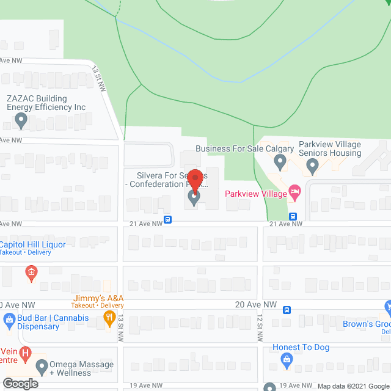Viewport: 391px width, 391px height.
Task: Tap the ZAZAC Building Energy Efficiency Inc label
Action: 46,103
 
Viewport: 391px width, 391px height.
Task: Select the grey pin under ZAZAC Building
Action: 21,122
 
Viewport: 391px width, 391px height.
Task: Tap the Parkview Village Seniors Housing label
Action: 330,148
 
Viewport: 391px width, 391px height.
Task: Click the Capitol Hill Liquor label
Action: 33,244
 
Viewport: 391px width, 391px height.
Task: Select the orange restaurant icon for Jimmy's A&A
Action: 110,316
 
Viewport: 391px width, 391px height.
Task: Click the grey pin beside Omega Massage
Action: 42,367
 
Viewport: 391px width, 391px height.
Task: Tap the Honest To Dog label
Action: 301,348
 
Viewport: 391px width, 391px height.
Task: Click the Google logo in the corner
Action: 20,384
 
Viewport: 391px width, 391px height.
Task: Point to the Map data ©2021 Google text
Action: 353,386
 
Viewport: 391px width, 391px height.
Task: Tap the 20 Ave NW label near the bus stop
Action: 257,304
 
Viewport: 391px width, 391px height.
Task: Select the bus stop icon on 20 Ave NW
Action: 287,310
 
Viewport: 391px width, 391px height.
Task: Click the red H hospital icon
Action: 25,353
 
